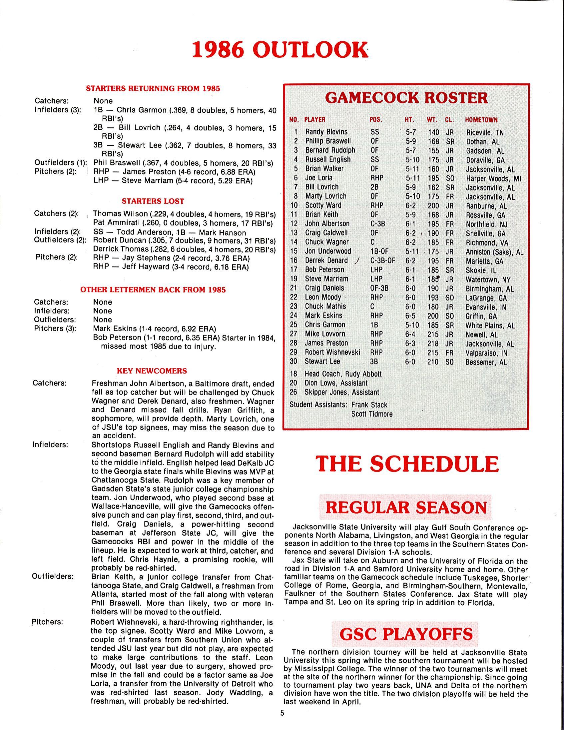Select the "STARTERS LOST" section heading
tap(153, 201)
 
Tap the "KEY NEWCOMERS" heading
tap(152, 371)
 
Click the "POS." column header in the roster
tap(376, 120)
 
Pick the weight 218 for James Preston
tap(433, 343)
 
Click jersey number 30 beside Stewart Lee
tap(294, 361)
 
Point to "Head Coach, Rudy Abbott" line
tap(342, 374)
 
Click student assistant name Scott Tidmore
tap(372, 414)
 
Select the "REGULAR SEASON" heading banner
tap(406, 507)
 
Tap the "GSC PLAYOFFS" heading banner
tap(406, 633)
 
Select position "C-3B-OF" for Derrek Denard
tap(383, 260)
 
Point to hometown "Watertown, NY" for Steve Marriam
tap(488, 279)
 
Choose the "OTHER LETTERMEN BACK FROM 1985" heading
tap(153, 290)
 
